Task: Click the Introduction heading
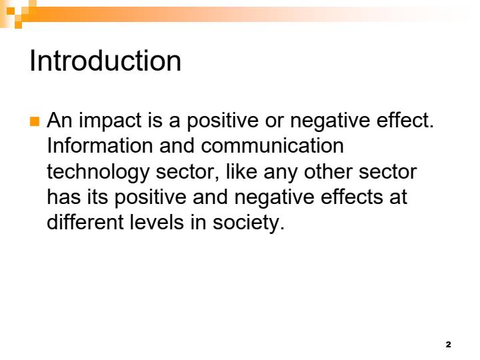point(105,61)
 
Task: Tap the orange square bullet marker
point(35,121)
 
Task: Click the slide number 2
point(448,344)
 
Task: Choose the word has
point(64,196)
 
